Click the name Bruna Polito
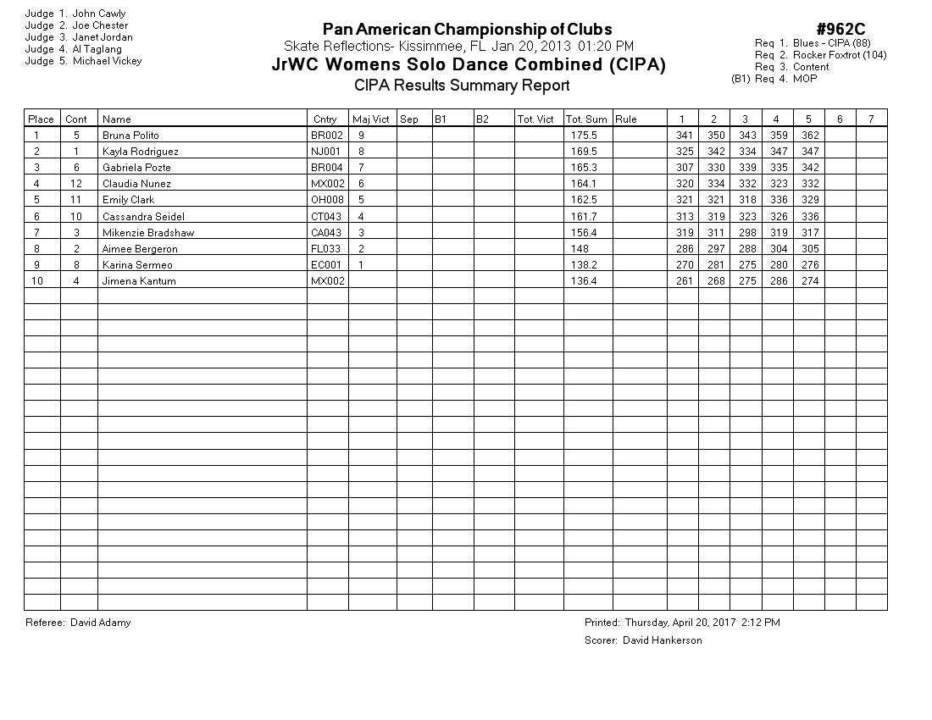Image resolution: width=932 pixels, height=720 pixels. [130, 136]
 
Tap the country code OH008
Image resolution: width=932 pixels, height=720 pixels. [326, 200]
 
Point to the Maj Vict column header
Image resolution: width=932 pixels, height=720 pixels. [371, 119]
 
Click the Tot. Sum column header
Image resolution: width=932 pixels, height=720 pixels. [586, 119]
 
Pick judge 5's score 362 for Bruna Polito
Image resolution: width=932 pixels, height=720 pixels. [809, 136]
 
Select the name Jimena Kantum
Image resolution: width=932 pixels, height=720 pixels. [139, 281]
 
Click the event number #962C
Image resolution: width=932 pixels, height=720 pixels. [840, 30]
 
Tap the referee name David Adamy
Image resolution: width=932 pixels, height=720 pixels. [100, 623]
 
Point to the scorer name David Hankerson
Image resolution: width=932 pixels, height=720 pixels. [662, 640]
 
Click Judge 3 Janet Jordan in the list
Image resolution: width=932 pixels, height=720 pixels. [79, 37]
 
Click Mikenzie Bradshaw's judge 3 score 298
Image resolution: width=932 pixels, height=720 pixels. [746, 233]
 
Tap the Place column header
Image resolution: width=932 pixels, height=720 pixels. [41, 119]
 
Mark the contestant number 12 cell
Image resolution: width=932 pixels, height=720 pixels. [76, 184]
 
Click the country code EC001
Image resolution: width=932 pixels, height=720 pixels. [326, 265]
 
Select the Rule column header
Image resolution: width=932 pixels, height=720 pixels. [626, 119]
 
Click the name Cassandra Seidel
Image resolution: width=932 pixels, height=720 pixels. [143, 217]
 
